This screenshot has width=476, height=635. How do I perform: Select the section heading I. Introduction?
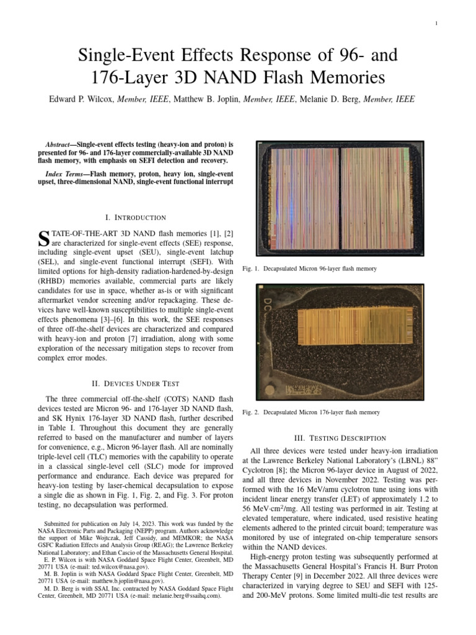coord(135,217)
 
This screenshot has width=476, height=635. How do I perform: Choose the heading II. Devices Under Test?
coord(135,383)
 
